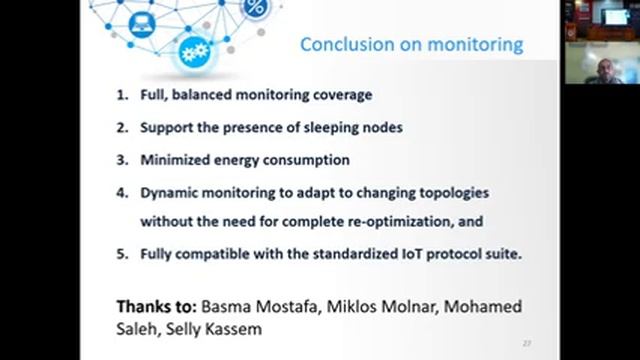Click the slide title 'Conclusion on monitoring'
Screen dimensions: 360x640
412,44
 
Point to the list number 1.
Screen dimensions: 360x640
120,95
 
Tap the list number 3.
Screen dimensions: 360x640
120,159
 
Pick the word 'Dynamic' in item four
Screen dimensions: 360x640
170,191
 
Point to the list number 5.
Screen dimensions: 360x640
120,254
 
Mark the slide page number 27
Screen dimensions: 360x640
527,343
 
